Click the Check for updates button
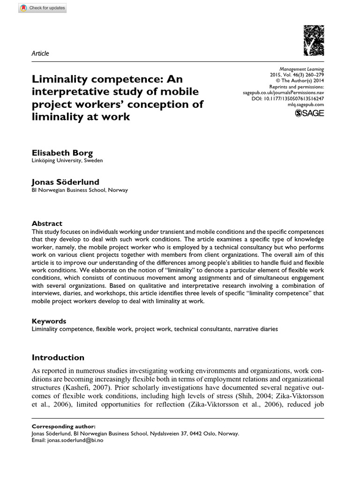43,8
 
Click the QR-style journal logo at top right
314,41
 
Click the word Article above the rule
40,53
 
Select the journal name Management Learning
305,69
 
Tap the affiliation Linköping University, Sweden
67,161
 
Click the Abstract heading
47,224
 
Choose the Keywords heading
49,321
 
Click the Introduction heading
58,357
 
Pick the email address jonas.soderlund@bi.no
75,441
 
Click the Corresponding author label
63,427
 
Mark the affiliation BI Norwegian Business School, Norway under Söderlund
79,190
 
